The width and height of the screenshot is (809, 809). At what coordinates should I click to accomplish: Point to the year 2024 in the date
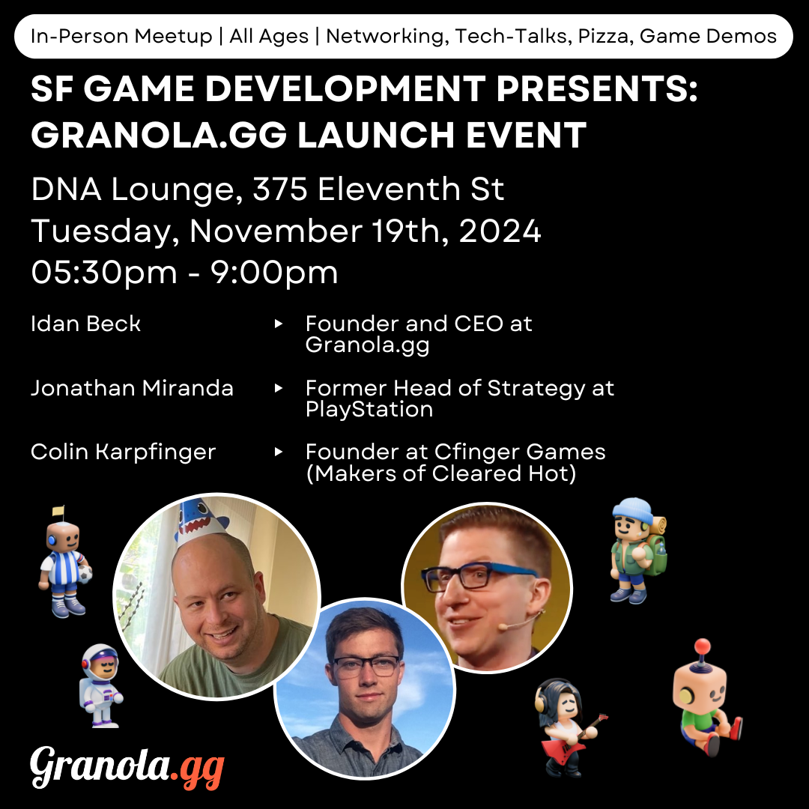point(500,231)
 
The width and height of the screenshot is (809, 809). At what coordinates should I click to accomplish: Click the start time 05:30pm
point(104,273)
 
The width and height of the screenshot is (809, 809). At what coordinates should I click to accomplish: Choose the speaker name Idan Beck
point(85,324)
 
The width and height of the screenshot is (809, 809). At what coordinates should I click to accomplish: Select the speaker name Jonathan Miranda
point(132,388)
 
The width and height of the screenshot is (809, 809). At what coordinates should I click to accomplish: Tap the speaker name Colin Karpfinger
point(124,452)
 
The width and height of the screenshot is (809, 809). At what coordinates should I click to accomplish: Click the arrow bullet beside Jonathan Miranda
point(279,388)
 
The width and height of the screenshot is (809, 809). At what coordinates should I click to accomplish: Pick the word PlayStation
point(369,410)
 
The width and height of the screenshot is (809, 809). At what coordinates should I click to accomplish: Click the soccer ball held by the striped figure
point(85,575)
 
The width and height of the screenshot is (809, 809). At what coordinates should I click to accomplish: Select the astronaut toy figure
point(100,685)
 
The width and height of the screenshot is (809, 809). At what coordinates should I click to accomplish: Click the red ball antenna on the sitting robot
point(702,646)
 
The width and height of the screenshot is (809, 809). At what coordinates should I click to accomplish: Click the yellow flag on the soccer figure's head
point(58,511)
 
